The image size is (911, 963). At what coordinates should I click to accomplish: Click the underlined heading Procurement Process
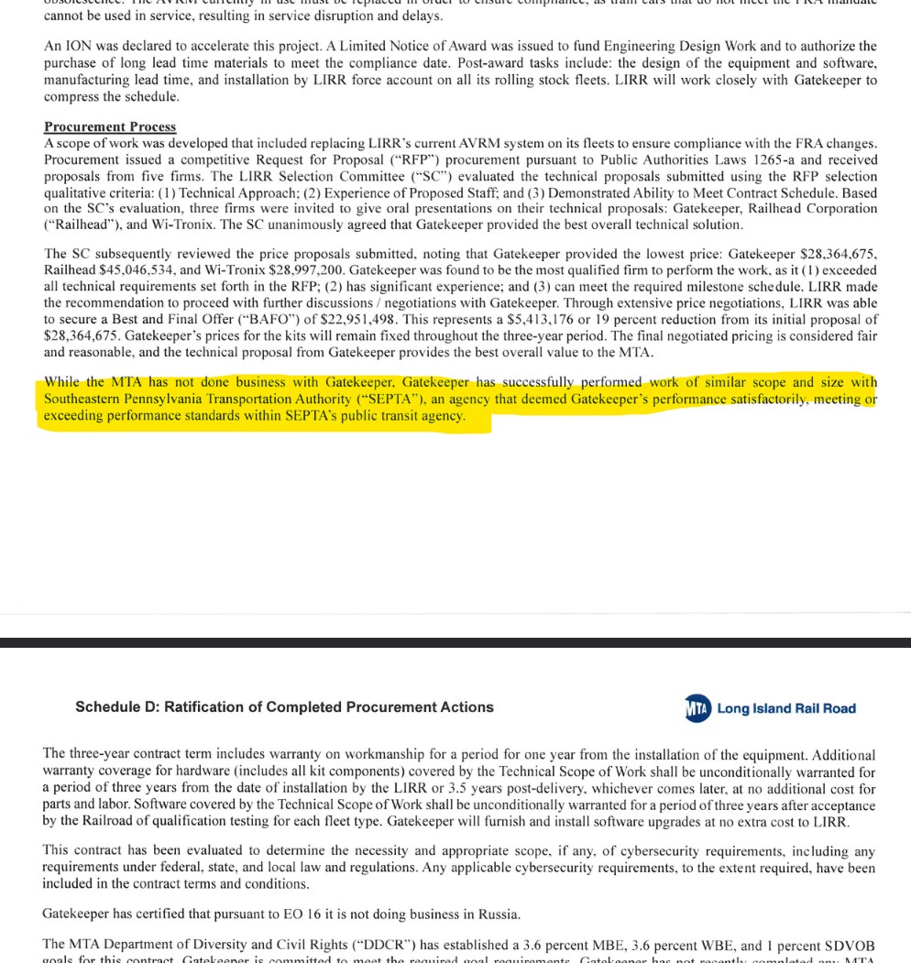click(x=110, y=126)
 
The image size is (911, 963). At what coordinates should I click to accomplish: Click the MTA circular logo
click(x=697, y=708)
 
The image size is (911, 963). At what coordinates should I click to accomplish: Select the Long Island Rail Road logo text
click(x=786, y=708)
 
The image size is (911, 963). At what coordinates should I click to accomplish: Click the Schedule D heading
click(x=284, y=707)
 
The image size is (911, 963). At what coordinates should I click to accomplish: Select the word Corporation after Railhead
click(x=837, y=209)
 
